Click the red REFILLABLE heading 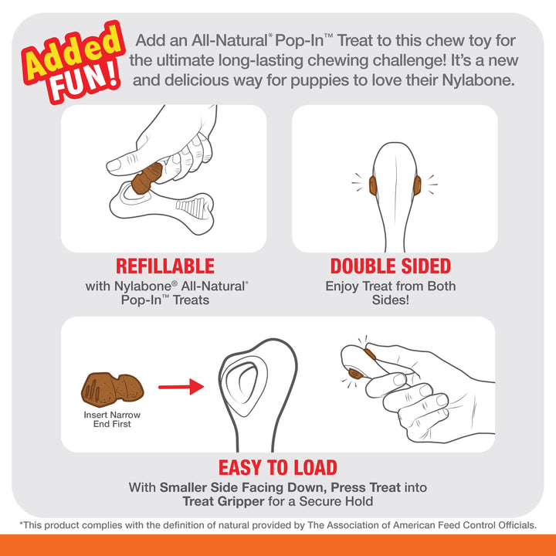tap(164, 266)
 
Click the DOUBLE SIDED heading tap(390, 266)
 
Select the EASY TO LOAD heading tap(277, 467)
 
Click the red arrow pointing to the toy tap(181, 385)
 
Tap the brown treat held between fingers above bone tap(146, 178)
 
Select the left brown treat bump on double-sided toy tap(373, 185)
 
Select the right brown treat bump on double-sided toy tap(416, 185)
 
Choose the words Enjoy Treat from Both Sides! tap(390, 293)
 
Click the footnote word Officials tap(510, 525)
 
